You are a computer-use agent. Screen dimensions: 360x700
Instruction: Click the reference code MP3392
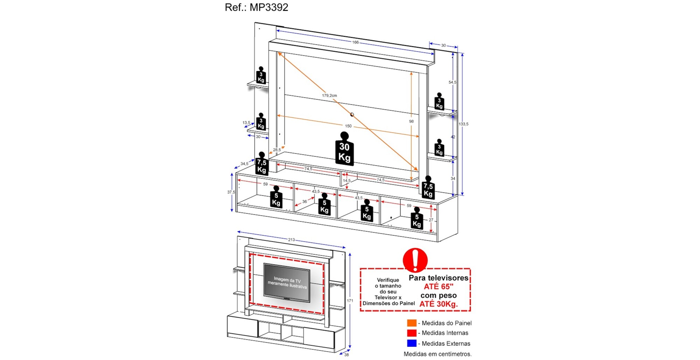coord(269,7)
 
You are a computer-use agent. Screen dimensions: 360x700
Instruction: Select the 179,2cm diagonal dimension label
coord(329,95)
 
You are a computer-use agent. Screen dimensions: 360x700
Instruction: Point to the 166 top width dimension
coord(355,42)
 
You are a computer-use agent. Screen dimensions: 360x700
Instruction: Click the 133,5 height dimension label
coord(463,124)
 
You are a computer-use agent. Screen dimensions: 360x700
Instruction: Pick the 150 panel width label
coord(348,126)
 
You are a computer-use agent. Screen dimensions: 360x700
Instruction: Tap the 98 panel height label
coord(411,121)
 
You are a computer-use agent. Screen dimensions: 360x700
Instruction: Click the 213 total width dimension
coord(291,240)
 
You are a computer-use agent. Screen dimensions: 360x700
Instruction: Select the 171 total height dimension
coord(350,300)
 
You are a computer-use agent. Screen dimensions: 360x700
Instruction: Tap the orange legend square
coord(412,323)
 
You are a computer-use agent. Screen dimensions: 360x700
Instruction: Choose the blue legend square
coord(412,343)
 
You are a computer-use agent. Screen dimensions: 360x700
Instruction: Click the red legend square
coord(412,333)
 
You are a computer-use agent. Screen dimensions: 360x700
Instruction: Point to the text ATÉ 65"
coord(438,286)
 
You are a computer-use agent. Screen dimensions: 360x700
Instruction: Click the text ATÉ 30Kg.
coord(438,304)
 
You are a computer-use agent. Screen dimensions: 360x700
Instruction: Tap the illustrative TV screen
coord(287,282)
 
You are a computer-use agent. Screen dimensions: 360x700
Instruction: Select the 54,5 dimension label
coord(452,82)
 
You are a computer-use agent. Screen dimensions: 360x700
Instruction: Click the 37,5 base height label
coord(231,192)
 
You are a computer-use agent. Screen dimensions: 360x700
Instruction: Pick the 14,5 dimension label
coord(346,181)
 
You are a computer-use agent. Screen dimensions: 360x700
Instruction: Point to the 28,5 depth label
coord(277,150)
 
